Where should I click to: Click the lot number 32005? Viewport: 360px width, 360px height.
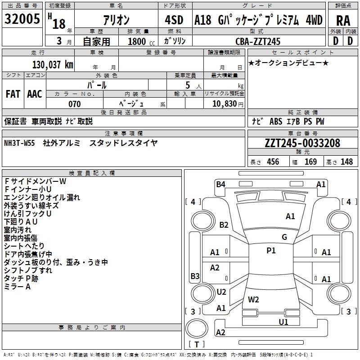pyautogui.click(x=22, y=20)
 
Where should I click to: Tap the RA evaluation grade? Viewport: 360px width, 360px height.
pyautogui.click(x=343, y=20)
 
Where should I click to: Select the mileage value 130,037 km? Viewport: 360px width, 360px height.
pyautogui.click(x=53, y=65)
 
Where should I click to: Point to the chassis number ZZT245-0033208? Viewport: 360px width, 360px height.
pyautogui.click(x=302, y=143)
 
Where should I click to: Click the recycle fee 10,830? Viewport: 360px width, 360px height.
pyautogui.click(x=224, y=104)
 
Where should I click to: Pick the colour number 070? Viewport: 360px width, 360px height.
pyautogui.click(x=74, y=104)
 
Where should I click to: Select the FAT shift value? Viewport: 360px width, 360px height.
pyautogui.click(x=13, y=94)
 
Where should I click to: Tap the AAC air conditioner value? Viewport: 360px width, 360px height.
pyautogui.click(x=35, y=94)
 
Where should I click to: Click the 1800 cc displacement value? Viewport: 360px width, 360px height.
pyautogui.click(x=137, y=41)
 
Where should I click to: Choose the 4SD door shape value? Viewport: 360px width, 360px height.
pyautogui.click(x=174, y=20)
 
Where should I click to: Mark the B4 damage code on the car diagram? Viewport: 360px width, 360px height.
pyautogui.click(x=220, y=184)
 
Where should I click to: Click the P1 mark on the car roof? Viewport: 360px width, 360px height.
pyautogui.click(x=271, y=251)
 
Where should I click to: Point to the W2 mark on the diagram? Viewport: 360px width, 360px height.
pyautogui.click(x=253, y=299)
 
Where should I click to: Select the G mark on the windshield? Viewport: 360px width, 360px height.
pyautogui.click(x=284, y=237)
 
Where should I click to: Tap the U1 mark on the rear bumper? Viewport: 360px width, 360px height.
pyautogui.click(x=283, y=322)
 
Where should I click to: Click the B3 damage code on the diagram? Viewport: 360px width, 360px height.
pyautogui.click(x=195, y=276)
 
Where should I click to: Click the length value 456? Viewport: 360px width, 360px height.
pyautogui.click(x=273, y=162)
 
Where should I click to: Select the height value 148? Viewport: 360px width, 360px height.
pyautogui.click(x=346, y=162)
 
